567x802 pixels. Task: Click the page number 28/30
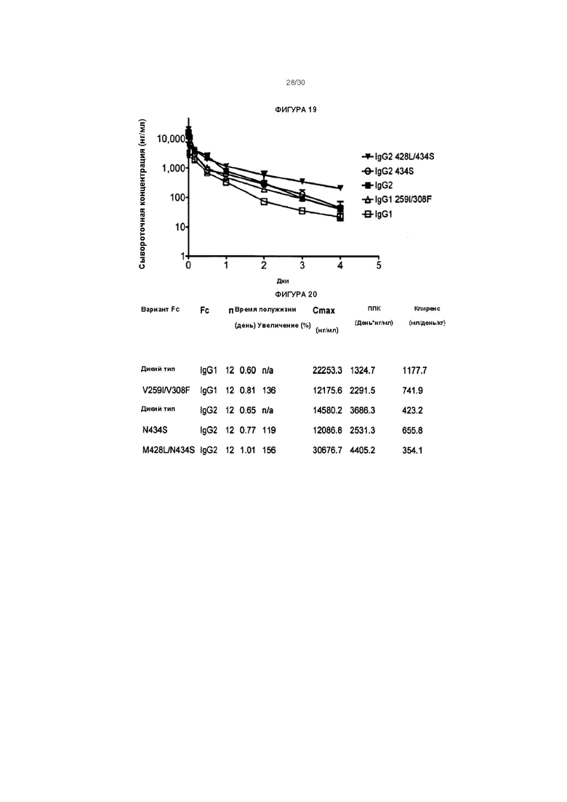point(296,82)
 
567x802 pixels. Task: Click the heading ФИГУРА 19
point(296,110)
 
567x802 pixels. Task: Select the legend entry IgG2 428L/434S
point(398,156)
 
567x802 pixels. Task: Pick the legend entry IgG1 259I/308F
point(397,199)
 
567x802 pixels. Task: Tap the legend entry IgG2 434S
point(388,171)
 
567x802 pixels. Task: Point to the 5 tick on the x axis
point(378,265)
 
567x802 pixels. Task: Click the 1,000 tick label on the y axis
point(173,168)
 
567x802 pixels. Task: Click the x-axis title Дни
point(283,281)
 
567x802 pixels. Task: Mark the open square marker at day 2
point(264,201)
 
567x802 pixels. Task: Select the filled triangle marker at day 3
point(302,181)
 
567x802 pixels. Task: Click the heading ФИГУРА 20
point(296,294)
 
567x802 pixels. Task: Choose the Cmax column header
point(323,310)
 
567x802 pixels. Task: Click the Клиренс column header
point(427,308)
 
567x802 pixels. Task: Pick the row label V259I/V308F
point(166,390)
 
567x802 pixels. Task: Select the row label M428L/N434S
point(168,450)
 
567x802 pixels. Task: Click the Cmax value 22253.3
point(327,370)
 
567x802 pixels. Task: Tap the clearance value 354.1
point(412,450)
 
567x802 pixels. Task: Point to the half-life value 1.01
point(247,450)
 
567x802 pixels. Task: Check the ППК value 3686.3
point(363,410)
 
